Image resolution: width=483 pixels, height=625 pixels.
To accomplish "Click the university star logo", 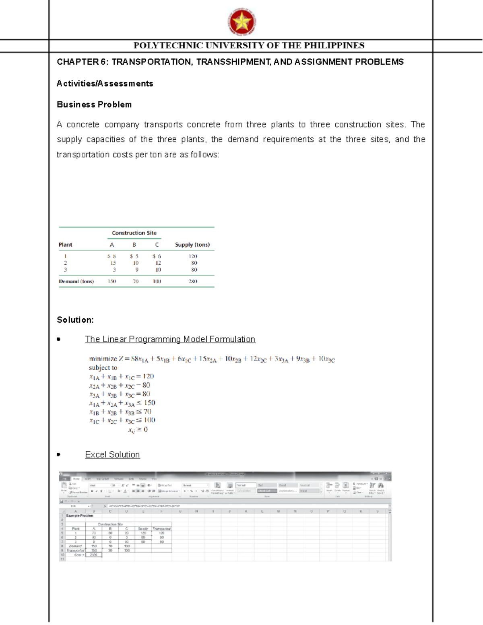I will point(242,22).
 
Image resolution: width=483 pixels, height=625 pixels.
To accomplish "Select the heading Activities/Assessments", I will point(105,84).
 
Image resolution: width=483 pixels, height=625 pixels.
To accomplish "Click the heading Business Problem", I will point(94,105).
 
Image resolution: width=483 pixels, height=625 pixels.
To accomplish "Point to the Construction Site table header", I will point(134,233).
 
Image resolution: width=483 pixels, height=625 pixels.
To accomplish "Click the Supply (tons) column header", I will point(192,245).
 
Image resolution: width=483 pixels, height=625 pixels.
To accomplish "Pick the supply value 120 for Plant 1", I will point(193,256).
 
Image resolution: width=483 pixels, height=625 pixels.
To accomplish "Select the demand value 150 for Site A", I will point(111,281).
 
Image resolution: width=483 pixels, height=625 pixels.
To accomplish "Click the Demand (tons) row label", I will point(76,281).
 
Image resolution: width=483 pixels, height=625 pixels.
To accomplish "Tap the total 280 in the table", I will point(193,281).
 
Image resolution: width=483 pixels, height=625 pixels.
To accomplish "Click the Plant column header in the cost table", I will point(65,245).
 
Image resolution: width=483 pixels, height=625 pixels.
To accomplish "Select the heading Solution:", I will point(75,320).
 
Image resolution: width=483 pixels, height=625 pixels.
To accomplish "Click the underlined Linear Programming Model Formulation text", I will point(170,339).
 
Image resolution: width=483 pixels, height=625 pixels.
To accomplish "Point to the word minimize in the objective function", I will point(103,359).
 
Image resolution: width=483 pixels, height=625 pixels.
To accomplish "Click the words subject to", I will point(103,368).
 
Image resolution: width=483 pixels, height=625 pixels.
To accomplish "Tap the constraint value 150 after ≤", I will point(149,403).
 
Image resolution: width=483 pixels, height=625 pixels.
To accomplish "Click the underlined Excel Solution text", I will point(112,455).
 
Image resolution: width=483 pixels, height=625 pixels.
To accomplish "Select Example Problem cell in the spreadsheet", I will point(80,516).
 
